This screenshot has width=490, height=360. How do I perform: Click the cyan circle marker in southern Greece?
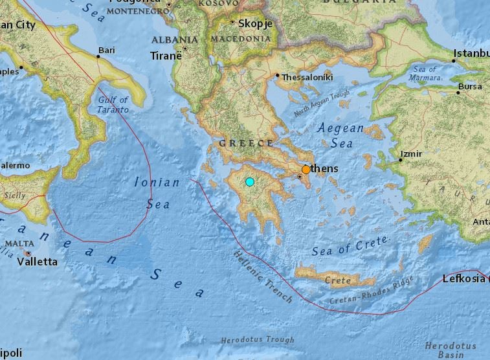tap(250, 182)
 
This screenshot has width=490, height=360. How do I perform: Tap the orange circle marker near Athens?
tap(306, 169)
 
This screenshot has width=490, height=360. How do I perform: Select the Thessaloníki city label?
tap(307, 77)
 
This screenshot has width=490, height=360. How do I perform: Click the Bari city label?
tap(106, 49)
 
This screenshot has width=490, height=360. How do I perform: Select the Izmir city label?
tap(412, 154)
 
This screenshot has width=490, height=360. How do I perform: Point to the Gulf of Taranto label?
tap(113, 105)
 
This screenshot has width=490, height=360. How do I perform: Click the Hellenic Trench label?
tap(263, 277)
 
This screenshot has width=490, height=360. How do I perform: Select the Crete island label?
tap(337, 280)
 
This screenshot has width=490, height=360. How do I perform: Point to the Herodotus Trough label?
tap(257, 340)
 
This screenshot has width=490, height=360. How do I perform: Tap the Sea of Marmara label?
tap(425, 74)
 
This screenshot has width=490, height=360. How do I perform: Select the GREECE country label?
tap(246, 143)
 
